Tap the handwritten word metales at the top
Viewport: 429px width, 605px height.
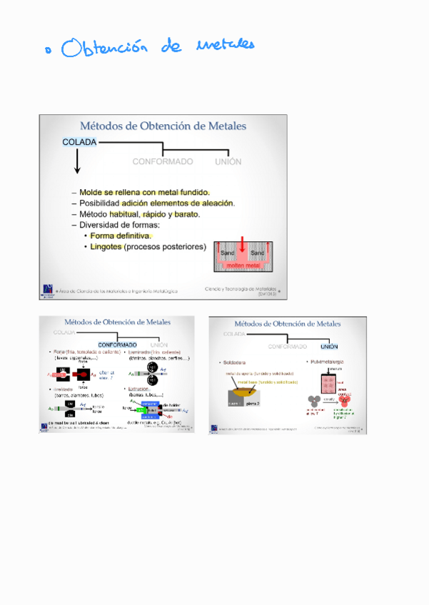point(224,46)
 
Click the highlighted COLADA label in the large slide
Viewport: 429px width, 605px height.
point(79,143)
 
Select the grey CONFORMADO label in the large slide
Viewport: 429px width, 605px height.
point(162,162)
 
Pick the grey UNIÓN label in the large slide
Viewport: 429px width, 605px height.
point(228,162)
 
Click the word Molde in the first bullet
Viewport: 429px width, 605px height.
point(91,193)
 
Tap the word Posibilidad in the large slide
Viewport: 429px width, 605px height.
point(99,203)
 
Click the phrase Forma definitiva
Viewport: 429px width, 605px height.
point(121,235)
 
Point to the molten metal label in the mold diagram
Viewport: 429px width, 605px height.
point(243,265)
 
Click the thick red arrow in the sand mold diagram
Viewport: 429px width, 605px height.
point(242,246)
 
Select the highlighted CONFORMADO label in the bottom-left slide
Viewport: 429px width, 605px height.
point(117,345)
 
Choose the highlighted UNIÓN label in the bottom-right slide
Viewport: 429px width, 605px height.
point(329,347)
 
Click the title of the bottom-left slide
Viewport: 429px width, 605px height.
point(118,322)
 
